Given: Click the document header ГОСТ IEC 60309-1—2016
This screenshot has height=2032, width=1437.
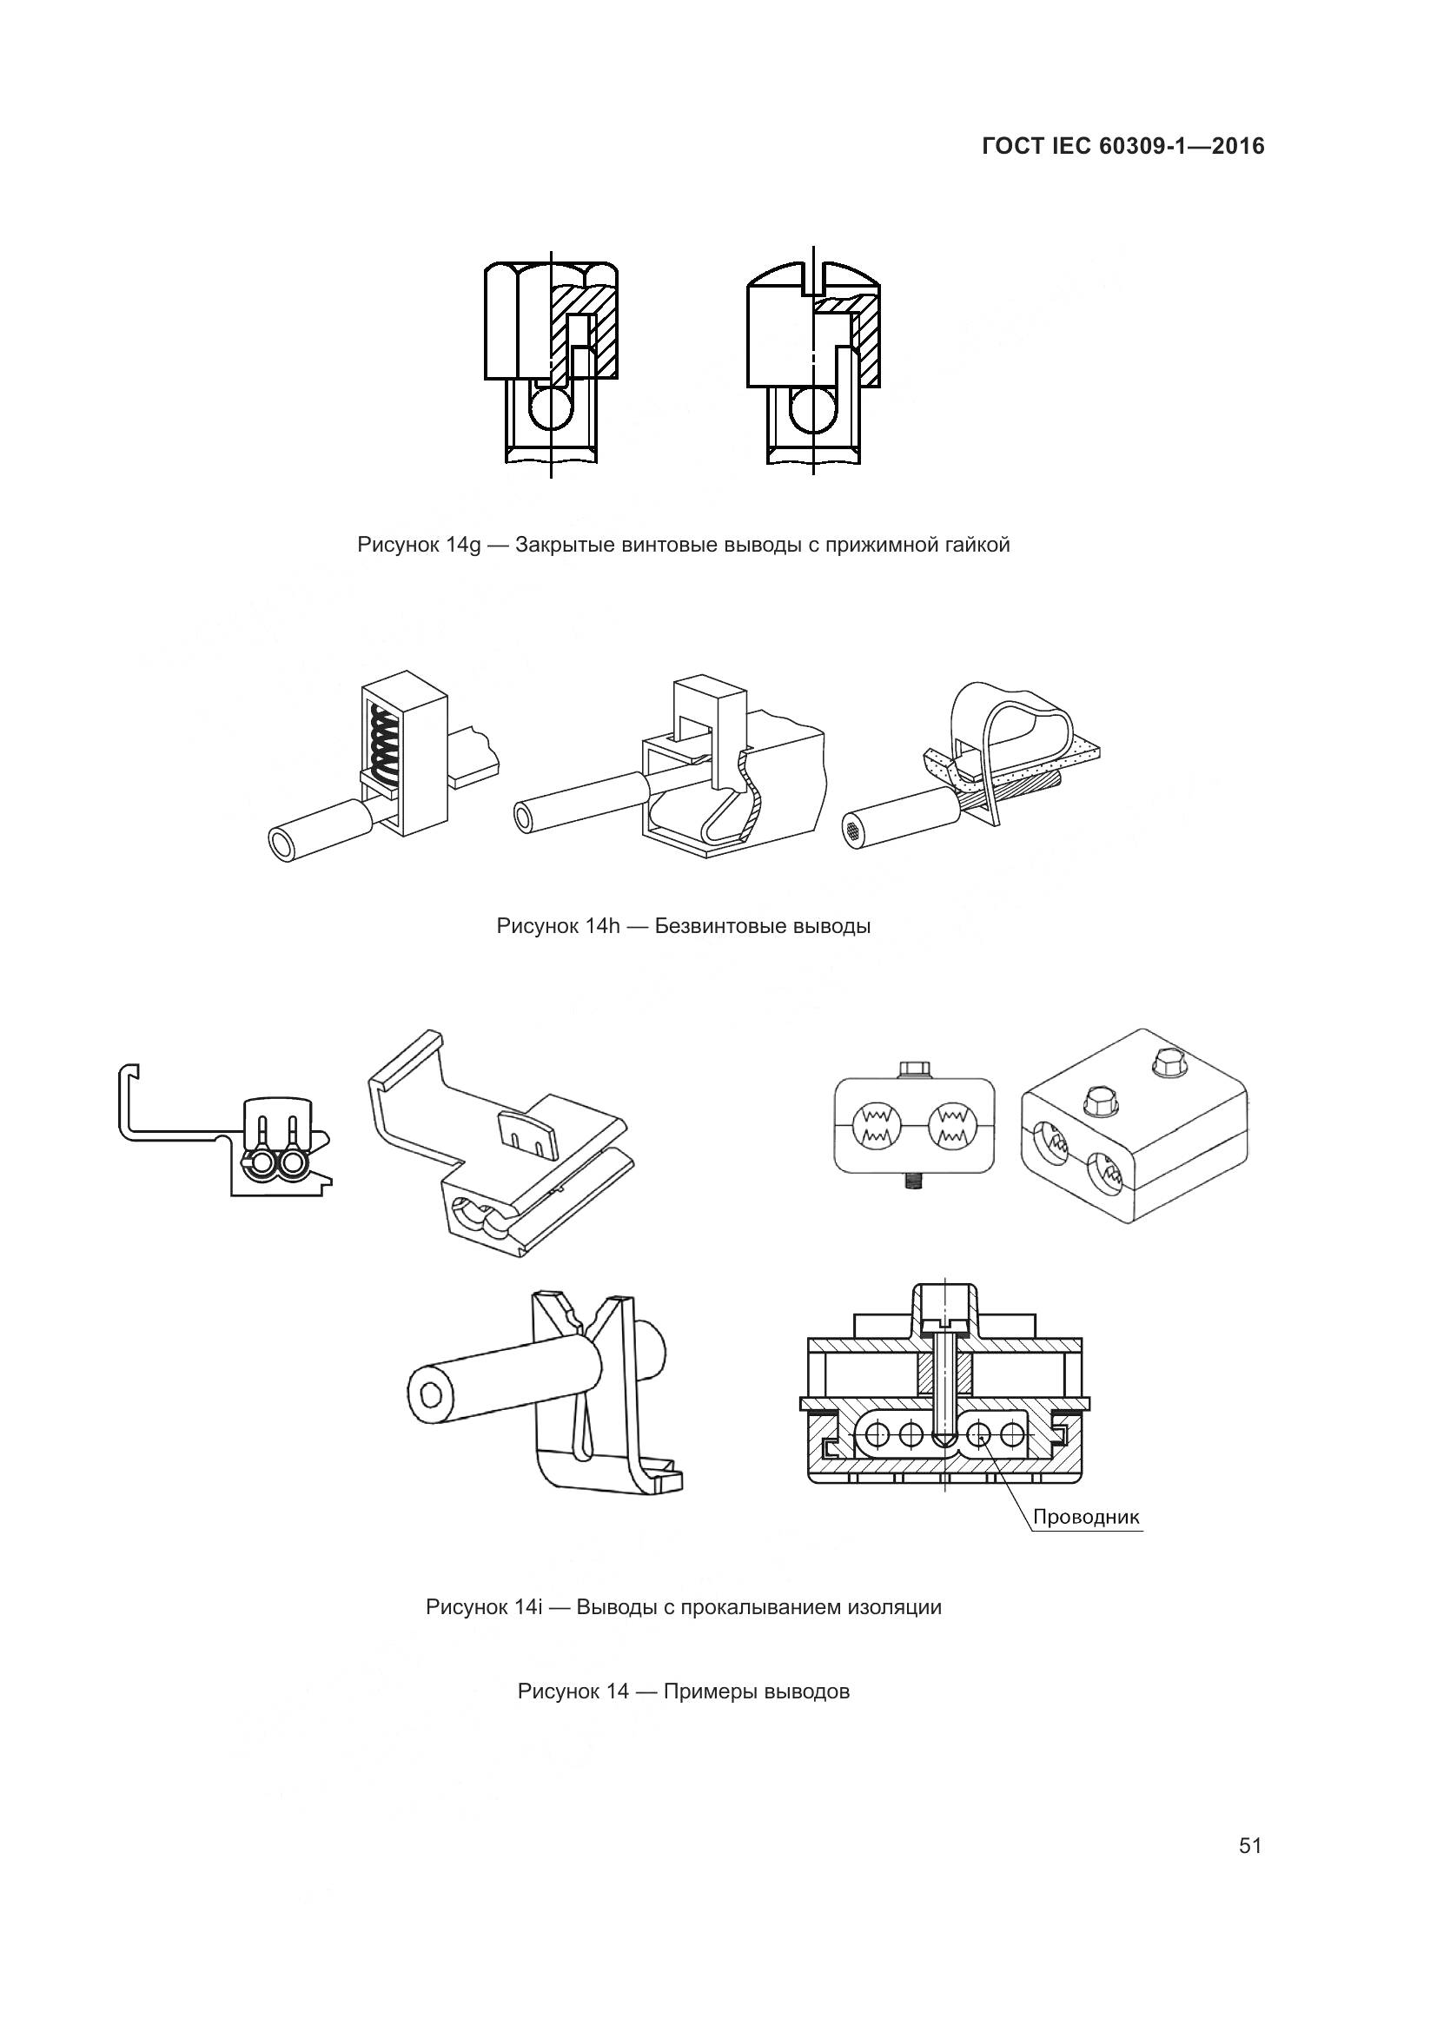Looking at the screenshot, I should click(1122, 147).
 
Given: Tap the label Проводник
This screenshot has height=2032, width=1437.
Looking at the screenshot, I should click(1087, 1517).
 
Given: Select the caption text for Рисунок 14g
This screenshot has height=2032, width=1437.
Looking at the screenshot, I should click(683, 545).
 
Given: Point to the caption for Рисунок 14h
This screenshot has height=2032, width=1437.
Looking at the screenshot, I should click(683, 927).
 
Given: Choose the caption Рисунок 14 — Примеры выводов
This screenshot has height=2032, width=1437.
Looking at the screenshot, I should click(683, 1691).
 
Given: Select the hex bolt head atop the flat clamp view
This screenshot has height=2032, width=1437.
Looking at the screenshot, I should click(914, 1069).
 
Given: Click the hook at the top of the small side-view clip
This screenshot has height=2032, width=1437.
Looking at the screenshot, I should click(130, 1072).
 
